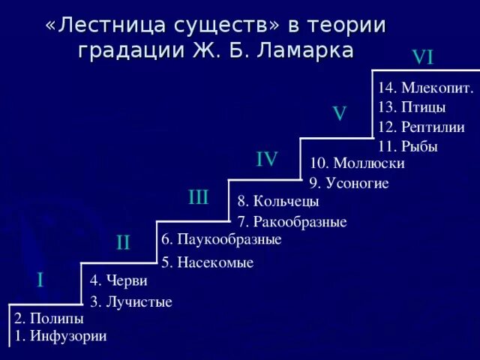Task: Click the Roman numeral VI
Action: click(x=423, y=57)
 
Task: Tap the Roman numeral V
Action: click(x=340, y=113)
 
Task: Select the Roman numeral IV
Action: click(x=267, y=159)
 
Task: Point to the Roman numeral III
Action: click(x=199, y=198)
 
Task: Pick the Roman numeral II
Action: click(x=124, y=242)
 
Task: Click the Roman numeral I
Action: click(x=40, y=280)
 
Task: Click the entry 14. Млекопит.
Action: click(x=425, y=88)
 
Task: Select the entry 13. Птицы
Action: click(x=412, y=107)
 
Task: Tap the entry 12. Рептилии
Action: click(x=421, y=127)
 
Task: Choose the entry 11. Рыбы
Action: click(x=408, y=146)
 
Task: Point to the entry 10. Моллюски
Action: click(x=357, y=163)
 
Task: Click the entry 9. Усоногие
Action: click(x=349, y=183)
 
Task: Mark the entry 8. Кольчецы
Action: click(x=278, y=201)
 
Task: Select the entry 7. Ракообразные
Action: click(x=292, y=222)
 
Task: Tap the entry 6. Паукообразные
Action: click(x=221, y=240)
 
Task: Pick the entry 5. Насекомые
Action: click(x=208, y=262)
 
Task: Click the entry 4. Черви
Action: click(x=118, y=281)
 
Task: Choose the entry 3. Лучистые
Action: click(x=131, y=302)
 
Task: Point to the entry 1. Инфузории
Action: click(x=60, y=336)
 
